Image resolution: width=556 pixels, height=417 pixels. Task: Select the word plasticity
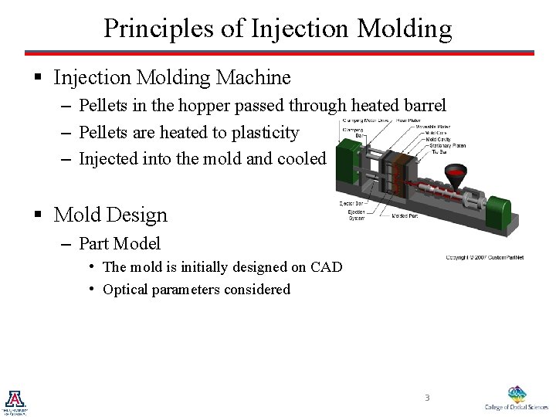[260, 133]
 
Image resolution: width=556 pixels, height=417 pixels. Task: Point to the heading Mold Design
[110, 214]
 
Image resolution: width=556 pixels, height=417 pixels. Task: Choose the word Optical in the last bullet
[127, 290]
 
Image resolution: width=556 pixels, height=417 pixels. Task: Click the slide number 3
[425, 398]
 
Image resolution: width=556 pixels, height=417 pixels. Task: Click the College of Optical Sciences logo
[515, 397]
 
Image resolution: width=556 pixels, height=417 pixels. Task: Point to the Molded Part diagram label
[405, 216]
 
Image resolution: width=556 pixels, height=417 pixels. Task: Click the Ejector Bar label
[352, 204]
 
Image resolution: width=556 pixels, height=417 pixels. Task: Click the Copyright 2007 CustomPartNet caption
[484, 257]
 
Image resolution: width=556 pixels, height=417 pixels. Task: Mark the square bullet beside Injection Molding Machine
[36, 78]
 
